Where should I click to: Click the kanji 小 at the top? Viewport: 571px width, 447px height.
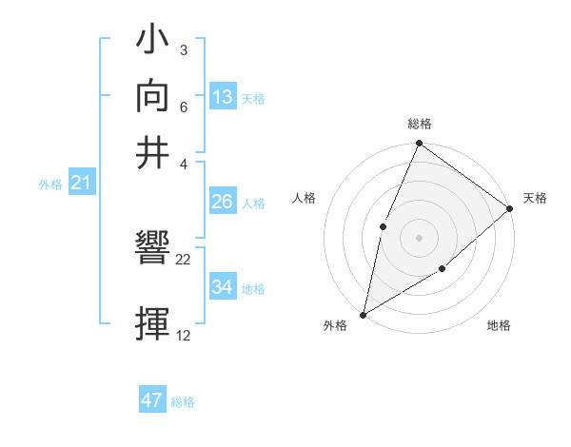click(x=153, y=44)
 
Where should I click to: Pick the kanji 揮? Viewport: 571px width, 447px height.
click(x=153, y=324)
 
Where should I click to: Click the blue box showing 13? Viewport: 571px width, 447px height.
click(x=223, y=97)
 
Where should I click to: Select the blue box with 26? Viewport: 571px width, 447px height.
click(x=222, y=202)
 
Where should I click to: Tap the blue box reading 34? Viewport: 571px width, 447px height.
click(x=222, y=287)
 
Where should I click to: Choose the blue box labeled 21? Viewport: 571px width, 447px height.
click(x=81, y=183)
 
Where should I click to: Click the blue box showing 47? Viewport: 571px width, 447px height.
click(x=152, y=400)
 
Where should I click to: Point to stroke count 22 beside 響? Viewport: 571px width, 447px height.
click(x=184, y=259)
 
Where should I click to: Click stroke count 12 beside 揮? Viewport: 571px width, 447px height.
click(x=184, y=335)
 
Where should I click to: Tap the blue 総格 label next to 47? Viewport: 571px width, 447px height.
click(x=183, y=402)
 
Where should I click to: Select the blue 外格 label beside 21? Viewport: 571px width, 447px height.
click(x=49, y=185)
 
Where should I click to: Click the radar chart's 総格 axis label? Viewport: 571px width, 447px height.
click(x=419, y=125)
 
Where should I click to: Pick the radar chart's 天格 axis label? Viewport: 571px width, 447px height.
click(x=535, y=198)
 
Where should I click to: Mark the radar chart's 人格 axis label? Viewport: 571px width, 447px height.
click(x=304, y=198)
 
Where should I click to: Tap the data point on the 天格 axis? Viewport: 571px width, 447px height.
click(x=509, y=208)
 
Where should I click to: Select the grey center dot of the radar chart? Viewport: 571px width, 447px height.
click(x=419, y=237)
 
